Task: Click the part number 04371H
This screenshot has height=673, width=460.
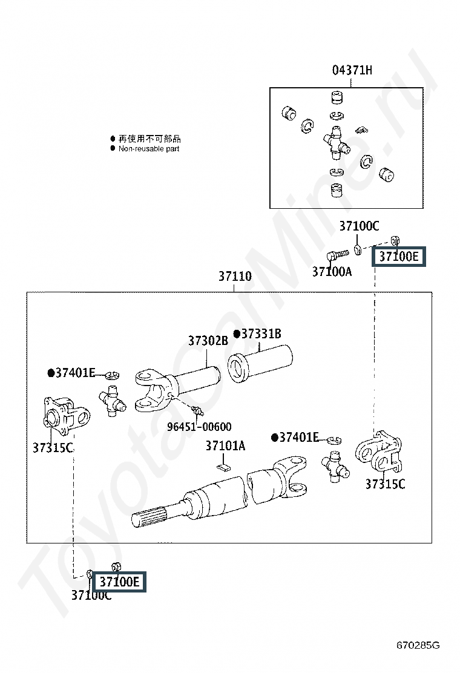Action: click(352, 70)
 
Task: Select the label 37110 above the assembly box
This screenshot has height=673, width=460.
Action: click(235, 277)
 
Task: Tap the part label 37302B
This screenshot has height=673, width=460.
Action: click(208, 341)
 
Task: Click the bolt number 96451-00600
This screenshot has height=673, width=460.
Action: click(199, 427)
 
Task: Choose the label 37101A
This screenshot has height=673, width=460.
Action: click(225, 446)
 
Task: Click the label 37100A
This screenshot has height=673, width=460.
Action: click(332, 272)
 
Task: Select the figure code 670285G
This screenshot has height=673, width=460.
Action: click(418, 645)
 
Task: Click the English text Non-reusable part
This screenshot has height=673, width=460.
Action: click(149, 148)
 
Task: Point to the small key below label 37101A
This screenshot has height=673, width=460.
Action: click(223, 466)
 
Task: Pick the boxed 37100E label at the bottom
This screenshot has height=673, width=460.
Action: click(119, 582)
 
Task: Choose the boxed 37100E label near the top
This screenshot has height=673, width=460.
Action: click(398, 257)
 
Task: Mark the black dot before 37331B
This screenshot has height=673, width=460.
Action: click(237, 334)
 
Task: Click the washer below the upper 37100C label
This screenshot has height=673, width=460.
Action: click(358, 249)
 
